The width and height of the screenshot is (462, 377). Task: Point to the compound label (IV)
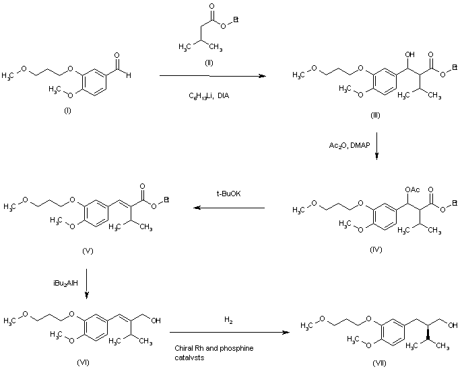pyautogui.click(x=376, y=249)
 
